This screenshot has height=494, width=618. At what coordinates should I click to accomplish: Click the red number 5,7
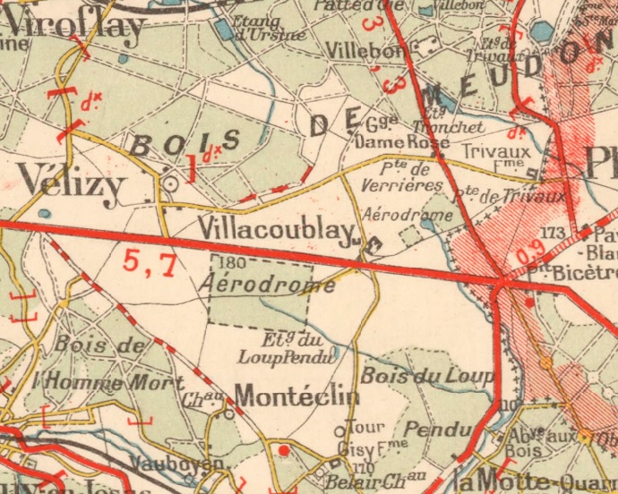pos(149,261)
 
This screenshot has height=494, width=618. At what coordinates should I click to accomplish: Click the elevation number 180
pos(230,263)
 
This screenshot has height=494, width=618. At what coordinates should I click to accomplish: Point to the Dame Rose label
pos(391,141)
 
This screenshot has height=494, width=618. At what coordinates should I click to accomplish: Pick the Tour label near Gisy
pos(365,428)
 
